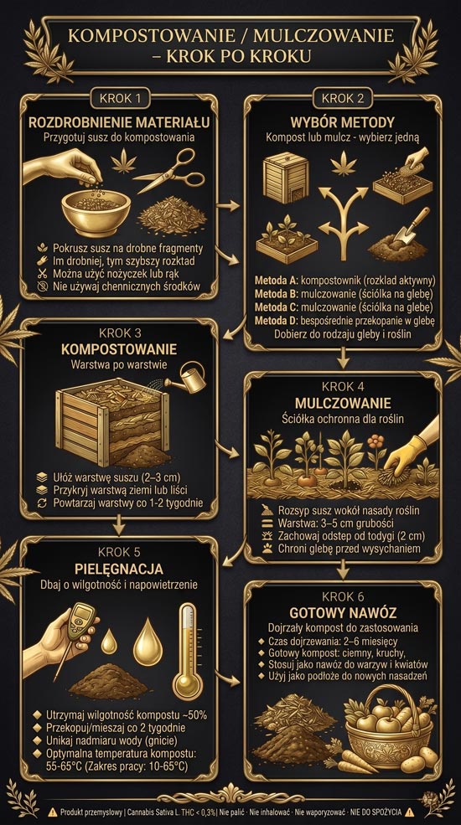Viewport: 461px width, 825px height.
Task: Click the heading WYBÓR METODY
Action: (342, 122)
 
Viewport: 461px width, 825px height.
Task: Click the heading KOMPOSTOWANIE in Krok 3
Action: (119, 350)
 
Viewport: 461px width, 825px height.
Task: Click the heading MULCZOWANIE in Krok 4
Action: (343, 404)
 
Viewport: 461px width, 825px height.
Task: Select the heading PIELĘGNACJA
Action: (119, 570)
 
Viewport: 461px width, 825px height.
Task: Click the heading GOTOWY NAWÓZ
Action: (343, 613)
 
